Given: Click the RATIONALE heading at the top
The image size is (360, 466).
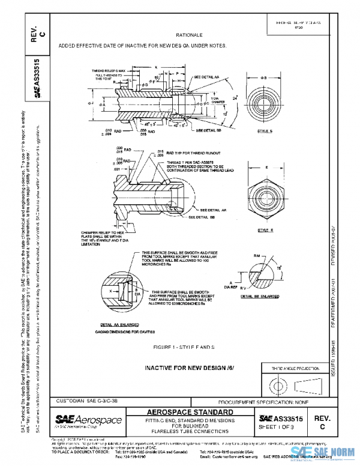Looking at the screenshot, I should coord(189,36).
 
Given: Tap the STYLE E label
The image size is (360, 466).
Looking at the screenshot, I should coord(265,229).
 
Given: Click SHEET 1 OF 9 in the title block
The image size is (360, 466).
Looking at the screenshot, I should coord(281,426).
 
